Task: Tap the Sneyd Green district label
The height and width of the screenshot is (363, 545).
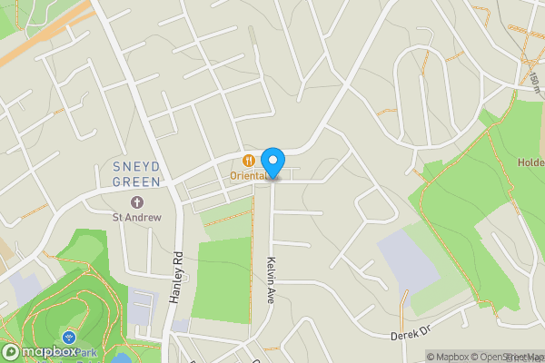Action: [136, 173]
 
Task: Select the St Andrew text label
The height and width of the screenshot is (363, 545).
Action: [136, 217]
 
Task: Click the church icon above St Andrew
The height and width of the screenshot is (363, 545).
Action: [137, 201]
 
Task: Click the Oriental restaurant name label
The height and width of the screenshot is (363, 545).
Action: [249, 175]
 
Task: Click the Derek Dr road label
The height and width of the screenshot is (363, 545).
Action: [409, 335]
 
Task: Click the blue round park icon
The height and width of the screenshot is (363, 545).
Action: [69, 337]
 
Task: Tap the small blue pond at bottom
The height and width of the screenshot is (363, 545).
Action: [121, 358]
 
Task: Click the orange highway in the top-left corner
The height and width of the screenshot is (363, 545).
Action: [45, 36]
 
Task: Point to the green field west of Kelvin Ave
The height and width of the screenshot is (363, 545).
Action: [221, 277]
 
